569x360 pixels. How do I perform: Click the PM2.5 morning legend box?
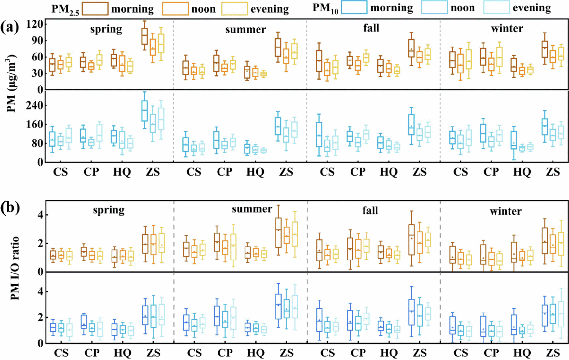[x=95, y=8]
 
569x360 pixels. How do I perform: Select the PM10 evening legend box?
[x=496, y=7]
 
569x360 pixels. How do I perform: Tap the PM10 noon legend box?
[x=434, y=7]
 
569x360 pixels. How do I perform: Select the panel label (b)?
[x=10, y=207]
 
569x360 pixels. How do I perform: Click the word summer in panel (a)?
[x=245, y=29]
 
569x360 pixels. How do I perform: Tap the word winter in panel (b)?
[x=505, y=211]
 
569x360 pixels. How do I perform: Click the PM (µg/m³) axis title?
[x=11, y=84]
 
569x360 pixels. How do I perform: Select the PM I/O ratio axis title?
[x=15, y=268]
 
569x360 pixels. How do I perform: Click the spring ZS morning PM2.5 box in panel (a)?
[x=145, y=36]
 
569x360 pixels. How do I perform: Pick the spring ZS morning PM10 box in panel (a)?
[x=145, y=111]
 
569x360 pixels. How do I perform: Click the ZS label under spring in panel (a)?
[x=153, y=172]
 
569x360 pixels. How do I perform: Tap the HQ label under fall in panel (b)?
[x=389, y=353]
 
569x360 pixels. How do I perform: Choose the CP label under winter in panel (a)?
[x=491, y=172]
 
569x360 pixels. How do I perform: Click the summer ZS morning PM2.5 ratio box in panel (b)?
[x=278, y=233]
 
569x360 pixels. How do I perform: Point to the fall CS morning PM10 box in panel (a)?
[x=319, y=134]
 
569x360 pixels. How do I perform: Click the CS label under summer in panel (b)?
[x=194, y=353]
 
